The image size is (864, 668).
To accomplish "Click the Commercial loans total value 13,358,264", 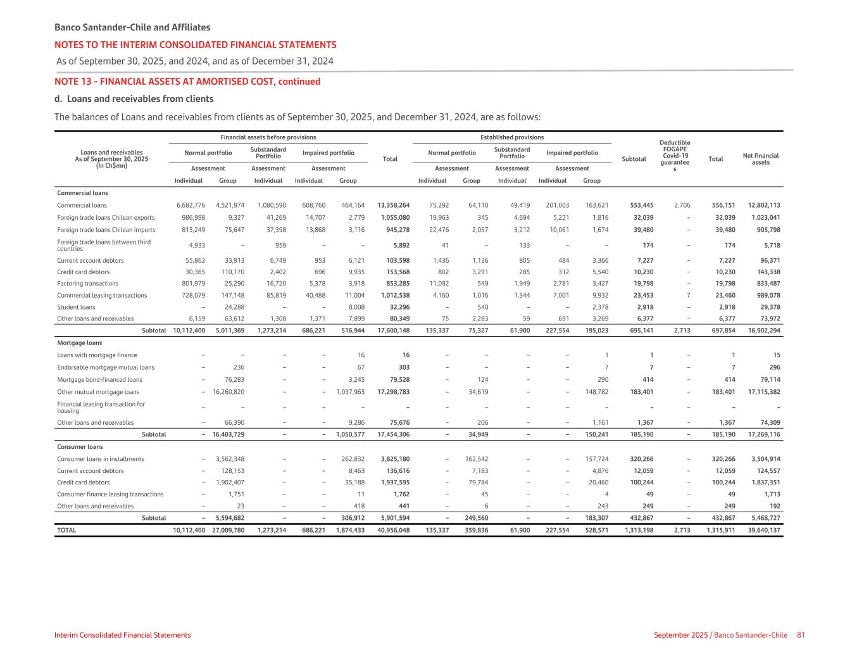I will pyautogui.click(x=393, y=205).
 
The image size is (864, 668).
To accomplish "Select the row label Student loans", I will pyautogui.click(x=76, y=307).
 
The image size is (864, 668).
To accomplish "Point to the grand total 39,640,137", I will pyautogui.click(x=764, y=530).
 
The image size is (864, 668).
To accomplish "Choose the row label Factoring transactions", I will pyautogui.click(x=87, y=284).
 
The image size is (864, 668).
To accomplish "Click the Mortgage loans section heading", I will pyautogui.click(x=79, y=343).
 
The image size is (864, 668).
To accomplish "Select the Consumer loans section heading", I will pyautogui.click(x=80, y=446).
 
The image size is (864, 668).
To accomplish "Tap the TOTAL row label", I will pyautogui.click(x=66, y=530).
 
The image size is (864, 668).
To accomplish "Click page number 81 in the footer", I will pyautogui.click(x=801, y=635).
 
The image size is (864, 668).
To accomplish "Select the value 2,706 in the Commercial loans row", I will pyautogui.click(x=682, y=205).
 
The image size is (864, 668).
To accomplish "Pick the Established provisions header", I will pyautogui.click(x=511, y=137).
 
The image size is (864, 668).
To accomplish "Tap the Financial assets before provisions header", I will pyautogui.click(x=268, y=137).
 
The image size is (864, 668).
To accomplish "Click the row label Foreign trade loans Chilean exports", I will pyautogui.click(x=106, y=217).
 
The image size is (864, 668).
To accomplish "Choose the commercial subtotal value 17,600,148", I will pyautogui.click(x=393, y=331).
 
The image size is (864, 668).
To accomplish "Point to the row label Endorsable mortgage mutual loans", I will pyautogui.click(x=106, y=367).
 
